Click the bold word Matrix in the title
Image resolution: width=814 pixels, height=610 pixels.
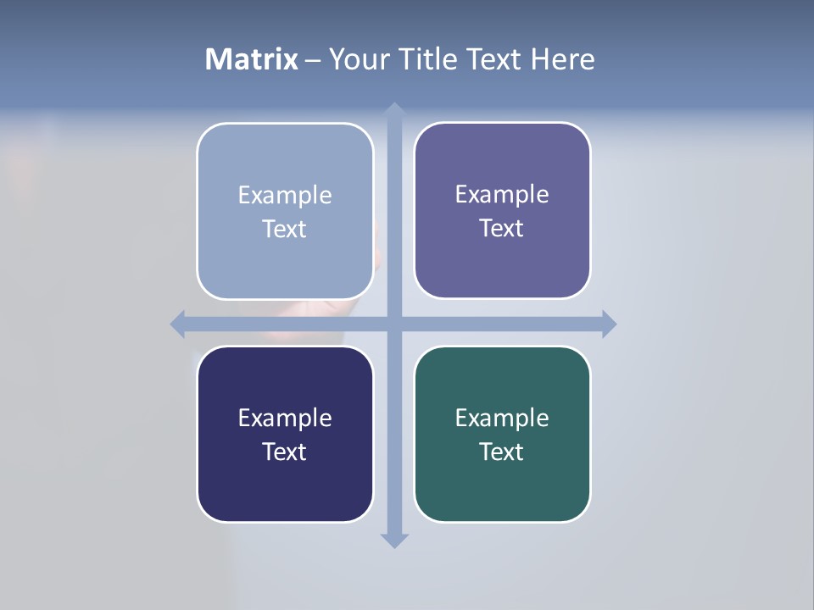pyautogui.click(x=252, y=59)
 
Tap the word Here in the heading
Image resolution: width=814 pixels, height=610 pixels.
pyautogui.click(x=562, y=59)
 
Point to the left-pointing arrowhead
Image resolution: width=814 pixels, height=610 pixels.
pyautogui.click(x=178, y=324)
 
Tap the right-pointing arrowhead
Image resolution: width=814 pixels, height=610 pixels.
pyautogui.click(x=609, y=324)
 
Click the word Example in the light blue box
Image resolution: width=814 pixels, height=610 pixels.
pyautogui.click(x=285, y=195)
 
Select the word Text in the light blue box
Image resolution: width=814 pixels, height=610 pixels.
pyautogui.click(x=285, y=230)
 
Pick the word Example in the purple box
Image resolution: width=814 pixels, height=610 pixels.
pyautogui.click(x=502, y=194)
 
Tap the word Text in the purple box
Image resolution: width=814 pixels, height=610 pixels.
pyautogui.click(x=502, y=229)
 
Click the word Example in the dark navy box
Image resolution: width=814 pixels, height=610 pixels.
pyautogui.click(x=285, y=418)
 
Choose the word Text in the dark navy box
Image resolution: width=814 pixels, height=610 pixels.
pyautogui.click(x=285, y=452)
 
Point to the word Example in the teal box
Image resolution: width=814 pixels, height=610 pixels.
pyautogui.click(x=502, y=418)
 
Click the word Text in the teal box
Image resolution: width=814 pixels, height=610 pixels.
pyautogui.click(x=502, y=452)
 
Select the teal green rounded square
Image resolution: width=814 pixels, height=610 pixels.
pyautogui.click(x=502, y=491)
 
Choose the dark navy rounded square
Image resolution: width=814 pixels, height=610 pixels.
pyautogui.click(x=285, y=491)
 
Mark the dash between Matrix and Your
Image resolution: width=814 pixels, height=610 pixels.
pyautogui.click(x=313, y=61)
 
